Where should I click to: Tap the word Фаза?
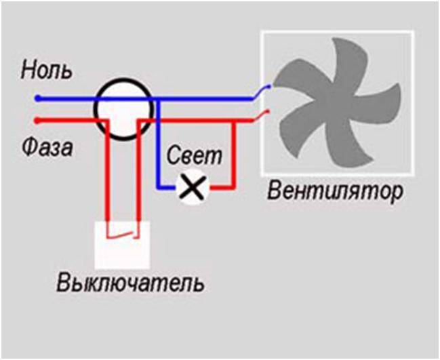tap(47, 147)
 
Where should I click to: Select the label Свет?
tap(194, 155)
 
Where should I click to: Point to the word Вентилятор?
tap(335, 192)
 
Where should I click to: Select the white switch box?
tap(122, 245)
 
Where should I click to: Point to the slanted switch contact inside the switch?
tap(123, 235)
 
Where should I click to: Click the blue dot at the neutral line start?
tap(37, 98)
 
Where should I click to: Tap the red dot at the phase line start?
tap(37, 121)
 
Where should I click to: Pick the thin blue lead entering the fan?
tap(262, 92)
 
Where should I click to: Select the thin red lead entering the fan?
tap(262, 116)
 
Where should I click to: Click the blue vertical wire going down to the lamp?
tap(158, 143)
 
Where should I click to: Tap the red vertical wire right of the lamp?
tap(233, 155)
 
